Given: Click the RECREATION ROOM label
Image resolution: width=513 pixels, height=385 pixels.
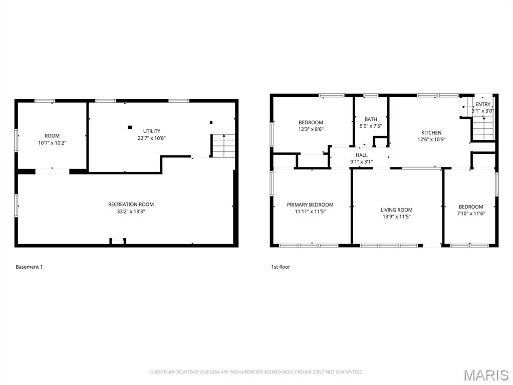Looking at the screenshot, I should [x=131, y=204].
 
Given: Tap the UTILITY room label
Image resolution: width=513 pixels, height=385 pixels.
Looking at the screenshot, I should [x=151, y=131].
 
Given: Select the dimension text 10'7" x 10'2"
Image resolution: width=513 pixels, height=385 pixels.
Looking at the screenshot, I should [x=52, y=143].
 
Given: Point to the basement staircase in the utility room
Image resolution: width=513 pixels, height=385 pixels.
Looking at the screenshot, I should [x=222, y=146].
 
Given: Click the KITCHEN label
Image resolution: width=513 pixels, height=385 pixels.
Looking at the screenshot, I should [x=431, y=133].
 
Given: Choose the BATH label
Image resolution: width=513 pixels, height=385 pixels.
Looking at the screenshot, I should [x=371, y=119].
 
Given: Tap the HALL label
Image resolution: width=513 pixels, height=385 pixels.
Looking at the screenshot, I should [x=361, y=155].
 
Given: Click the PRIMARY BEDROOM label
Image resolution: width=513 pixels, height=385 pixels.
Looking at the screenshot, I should [x=310, y=205].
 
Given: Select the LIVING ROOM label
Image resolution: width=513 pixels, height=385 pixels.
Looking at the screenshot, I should [x=396, y=210].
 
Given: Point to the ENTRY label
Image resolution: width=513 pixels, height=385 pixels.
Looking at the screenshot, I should [x=483, y=104].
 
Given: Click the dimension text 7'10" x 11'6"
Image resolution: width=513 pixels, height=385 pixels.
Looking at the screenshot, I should [x=471, y=214].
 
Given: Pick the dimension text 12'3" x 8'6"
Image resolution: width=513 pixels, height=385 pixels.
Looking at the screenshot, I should [x=311, y=129].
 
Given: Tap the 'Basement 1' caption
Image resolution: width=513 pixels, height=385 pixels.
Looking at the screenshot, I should [x=29, y=267].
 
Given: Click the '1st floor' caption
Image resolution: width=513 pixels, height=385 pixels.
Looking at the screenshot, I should [x=281, y=267].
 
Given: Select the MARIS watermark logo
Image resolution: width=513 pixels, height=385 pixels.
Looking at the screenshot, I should [x=485, y=375].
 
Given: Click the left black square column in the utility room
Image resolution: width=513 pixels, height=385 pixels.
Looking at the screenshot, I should [x=130, y=127].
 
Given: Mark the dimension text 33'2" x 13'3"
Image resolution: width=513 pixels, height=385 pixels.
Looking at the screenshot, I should [x=131, y=211].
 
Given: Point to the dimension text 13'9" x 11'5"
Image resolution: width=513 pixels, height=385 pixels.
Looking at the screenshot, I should [x=396, y=217].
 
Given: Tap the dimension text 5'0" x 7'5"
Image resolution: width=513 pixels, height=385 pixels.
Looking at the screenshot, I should [x=371, y=126].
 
